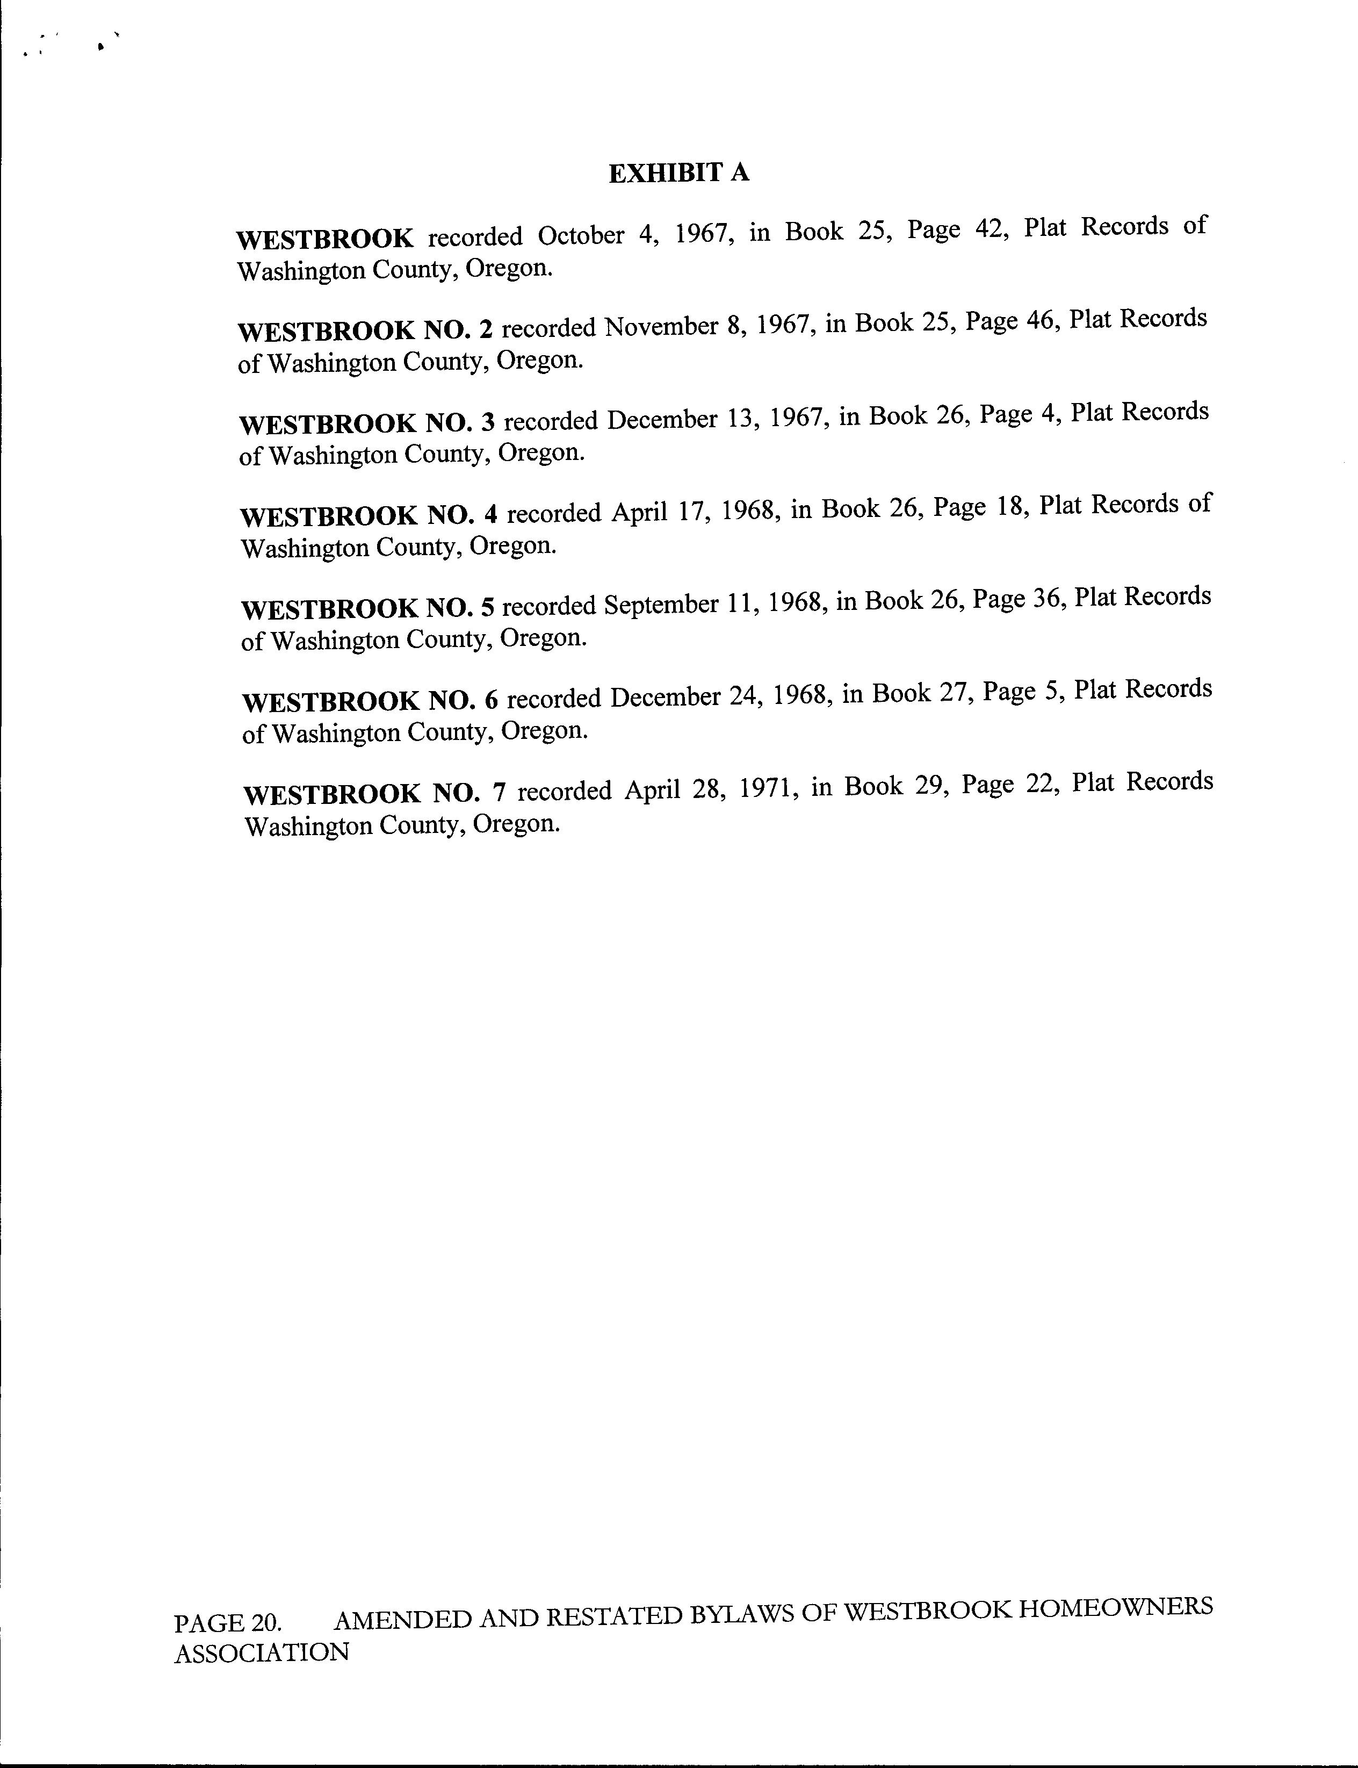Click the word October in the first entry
[580, 235]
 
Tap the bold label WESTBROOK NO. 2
[365, 330]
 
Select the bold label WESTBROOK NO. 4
[368, 515]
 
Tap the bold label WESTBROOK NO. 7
[373, 793]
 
